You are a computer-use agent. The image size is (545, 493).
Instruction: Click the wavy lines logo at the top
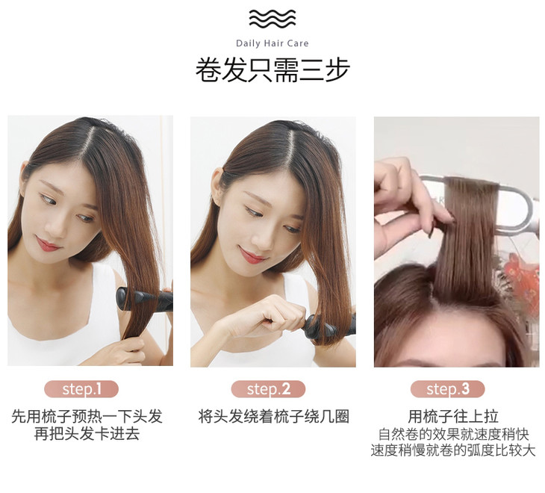point(272,19)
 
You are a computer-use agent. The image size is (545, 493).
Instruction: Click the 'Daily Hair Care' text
point(272,43)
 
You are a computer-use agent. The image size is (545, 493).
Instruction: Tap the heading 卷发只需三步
point(272,70)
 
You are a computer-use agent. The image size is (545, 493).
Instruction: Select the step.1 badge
point(81,389)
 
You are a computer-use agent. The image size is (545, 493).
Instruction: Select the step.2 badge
point(268,389)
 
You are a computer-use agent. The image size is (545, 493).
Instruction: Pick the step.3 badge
point(448,389)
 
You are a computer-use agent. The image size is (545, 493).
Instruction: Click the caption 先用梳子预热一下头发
point(87,417)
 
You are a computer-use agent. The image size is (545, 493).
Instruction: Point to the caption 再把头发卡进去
point(87,434)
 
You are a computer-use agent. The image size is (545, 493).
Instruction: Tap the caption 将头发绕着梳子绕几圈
point(273,417)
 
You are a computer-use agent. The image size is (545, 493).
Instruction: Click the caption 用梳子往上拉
point(453,417)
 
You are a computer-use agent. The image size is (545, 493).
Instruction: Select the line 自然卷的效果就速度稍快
point(454,434)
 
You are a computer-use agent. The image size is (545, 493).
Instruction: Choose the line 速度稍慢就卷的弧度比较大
point(453,450)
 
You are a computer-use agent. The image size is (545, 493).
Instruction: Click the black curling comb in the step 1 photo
point(144,299)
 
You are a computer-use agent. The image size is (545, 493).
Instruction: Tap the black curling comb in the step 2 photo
point(329,326)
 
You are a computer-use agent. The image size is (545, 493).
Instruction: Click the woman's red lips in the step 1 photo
point(48,244)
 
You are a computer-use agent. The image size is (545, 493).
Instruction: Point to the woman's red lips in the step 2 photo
point(252,256)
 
